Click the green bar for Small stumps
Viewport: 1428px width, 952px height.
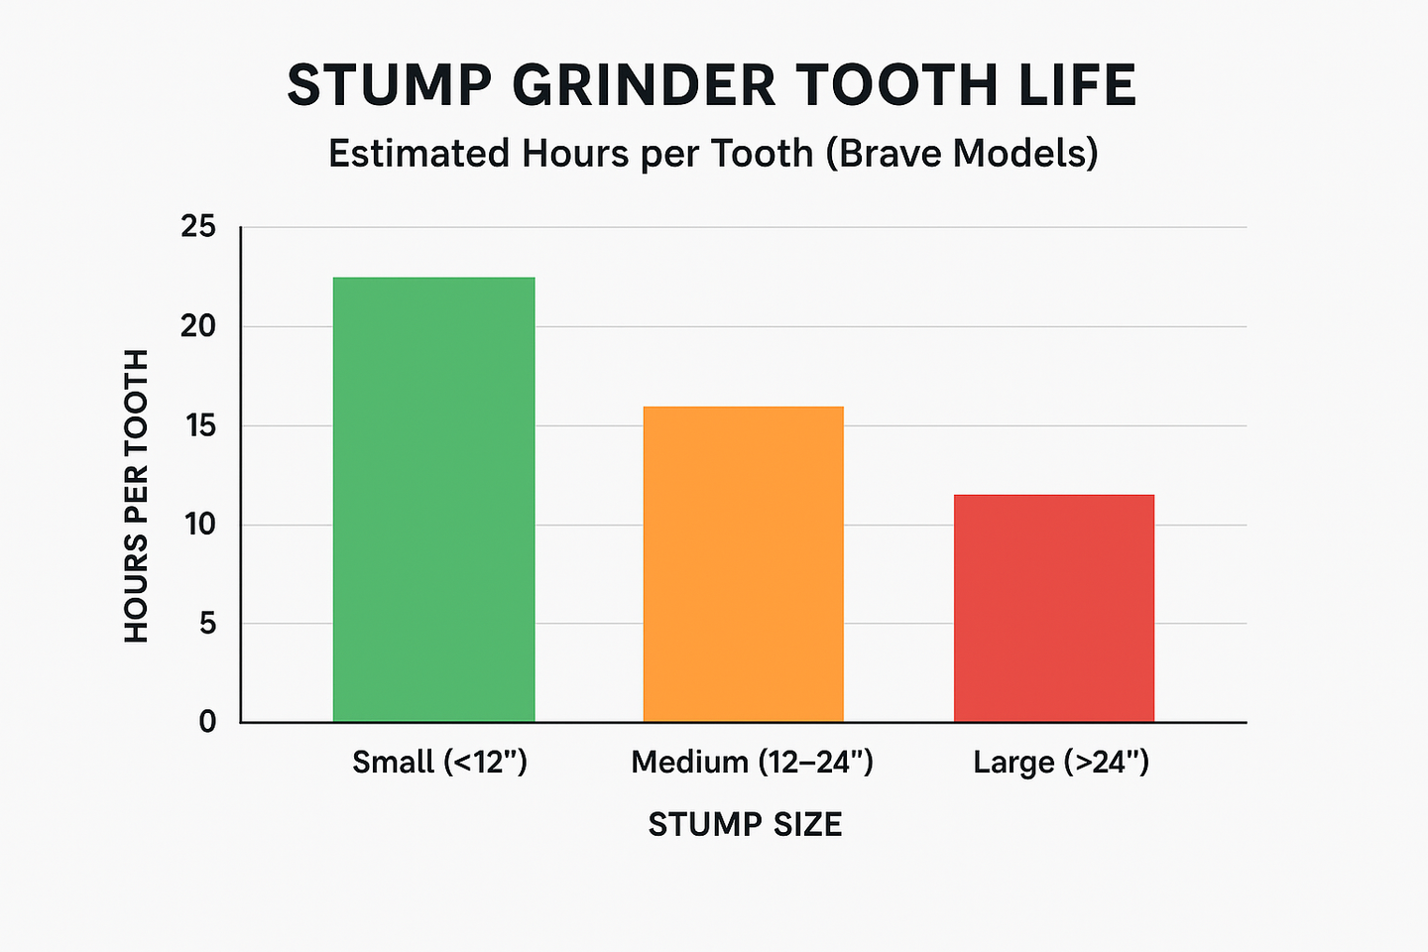coord(433,499)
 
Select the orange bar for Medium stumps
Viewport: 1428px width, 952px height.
coord(743,563)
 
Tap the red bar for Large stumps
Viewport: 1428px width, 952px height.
coord(1053,608)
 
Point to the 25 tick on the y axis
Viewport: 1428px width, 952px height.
coord(198,227)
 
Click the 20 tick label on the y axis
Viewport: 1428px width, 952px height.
coord(198,326)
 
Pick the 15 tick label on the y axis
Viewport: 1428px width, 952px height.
coord(198,425)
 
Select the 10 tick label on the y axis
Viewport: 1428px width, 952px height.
coord(198,525)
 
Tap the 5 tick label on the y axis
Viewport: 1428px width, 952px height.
coord(206,624)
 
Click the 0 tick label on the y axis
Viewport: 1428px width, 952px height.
coord(206,722)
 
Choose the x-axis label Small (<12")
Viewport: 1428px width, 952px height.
coord(439,762)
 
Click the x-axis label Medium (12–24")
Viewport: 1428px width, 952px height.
coord(752,762)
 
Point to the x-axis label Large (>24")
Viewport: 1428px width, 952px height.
coord(1061,762)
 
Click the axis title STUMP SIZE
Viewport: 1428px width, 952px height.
coord(745,825)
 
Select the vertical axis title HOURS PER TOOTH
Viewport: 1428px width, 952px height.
coord(137,496)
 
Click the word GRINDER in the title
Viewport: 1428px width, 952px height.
coord(644,85)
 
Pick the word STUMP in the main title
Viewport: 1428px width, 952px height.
coord(390,85)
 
